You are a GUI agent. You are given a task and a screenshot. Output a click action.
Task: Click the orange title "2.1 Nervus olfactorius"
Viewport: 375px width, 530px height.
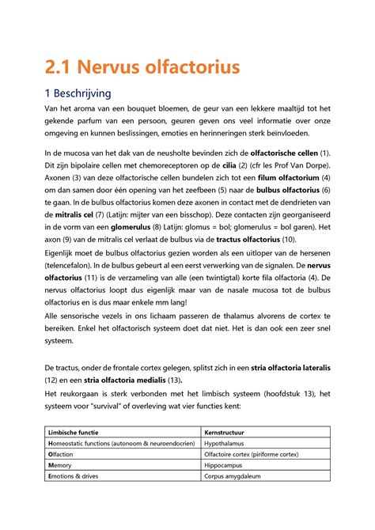pos(142,67)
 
